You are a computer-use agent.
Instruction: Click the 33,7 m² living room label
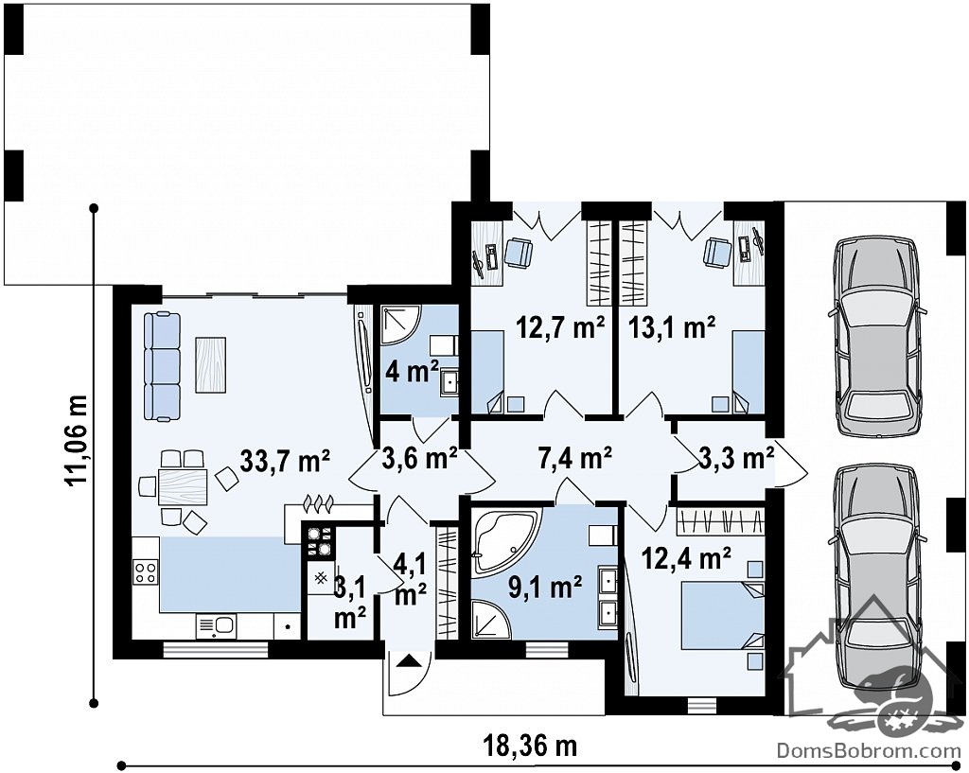coord(285,461)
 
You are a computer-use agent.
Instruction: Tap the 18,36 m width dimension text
coord(530,746)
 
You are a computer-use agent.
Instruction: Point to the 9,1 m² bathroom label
coord(544,587)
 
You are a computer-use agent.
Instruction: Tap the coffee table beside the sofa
coord(211,364)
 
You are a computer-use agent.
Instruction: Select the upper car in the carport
coord(876,338)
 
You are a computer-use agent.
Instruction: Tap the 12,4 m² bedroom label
coord(687,559)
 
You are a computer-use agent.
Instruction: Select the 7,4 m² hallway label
coord(574,458)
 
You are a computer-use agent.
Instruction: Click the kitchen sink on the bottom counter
coord(216,625)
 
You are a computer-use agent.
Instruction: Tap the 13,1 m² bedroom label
coord(672,326)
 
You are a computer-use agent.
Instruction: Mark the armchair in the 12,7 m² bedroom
coord(519,254)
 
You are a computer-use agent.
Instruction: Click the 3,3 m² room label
coord(736,458)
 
